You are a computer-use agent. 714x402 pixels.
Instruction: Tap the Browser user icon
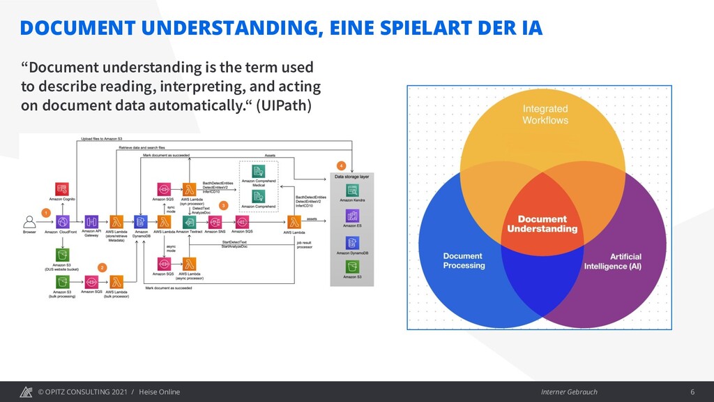click(29, 222)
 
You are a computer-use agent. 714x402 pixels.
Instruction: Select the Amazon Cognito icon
click(62, 188)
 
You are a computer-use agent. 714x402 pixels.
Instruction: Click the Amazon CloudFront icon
click(62, 222)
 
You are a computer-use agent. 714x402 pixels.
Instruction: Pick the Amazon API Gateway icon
click(91, 222)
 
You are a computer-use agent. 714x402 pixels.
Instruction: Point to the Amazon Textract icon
click(188, 222)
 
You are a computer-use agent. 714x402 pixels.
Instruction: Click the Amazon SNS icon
click(215, 222)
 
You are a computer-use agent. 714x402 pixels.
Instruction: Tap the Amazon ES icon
click(352, 215)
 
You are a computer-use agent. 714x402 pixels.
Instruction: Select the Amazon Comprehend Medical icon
click(258, 172)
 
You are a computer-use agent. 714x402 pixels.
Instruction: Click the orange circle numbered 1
click(46, 211)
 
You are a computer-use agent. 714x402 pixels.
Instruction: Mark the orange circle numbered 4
click(341, 165)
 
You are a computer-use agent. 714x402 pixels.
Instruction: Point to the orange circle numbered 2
click(102, 267)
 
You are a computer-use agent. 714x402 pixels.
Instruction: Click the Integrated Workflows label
click(545, 114)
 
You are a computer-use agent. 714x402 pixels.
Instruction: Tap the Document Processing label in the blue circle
click(464, 261)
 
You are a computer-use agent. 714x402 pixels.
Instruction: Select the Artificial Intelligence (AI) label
click(612, 261)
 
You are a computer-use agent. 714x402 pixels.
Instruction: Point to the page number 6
click(692, 392)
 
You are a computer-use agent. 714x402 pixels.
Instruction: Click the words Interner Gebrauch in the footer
click(568, 392)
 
